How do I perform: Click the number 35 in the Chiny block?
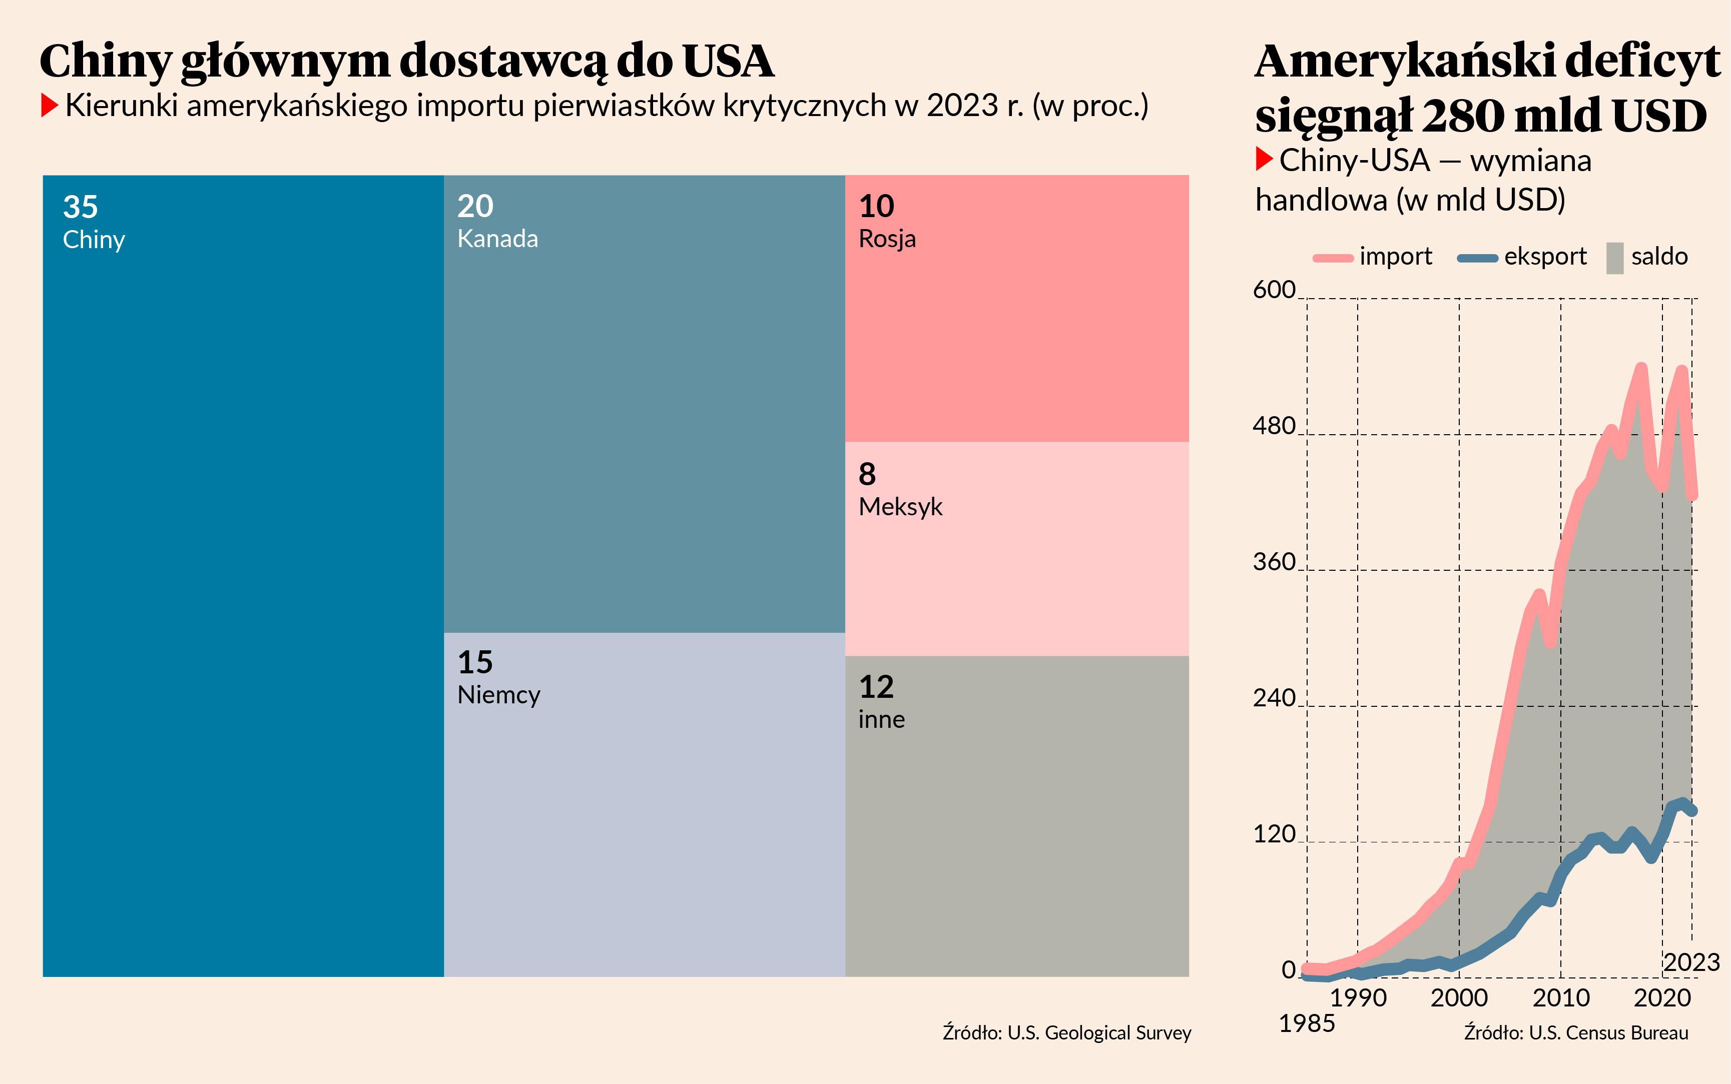[x=80, y=207]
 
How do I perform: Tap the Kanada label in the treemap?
[x=497, y=239]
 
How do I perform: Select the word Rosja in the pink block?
[x=887, y=239]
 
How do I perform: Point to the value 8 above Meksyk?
[x=867, y=474]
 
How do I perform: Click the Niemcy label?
[x=498, y=695]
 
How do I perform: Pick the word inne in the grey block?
[x=881, y=719]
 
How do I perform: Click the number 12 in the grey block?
[x=876, y=687]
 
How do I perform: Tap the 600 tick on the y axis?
[x=1274, y=290]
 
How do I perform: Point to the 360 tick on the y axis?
[x=1274, y=562]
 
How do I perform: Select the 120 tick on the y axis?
[x=1274, y=834]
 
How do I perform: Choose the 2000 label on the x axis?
[x=1459, y=997]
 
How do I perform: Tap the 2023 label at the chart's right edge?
[x=1691, y=962]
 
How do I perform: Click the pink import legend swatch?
[x=1332, y=258]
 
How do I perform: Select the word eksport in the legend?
[x=1545, y=257]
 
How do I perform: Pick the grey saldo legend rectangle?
[x=1615, y=258]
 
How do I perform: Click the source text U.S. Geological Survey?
[x=1099, y=1033]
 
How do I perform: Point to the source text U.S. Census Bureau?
[x=1608, y=1033]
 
